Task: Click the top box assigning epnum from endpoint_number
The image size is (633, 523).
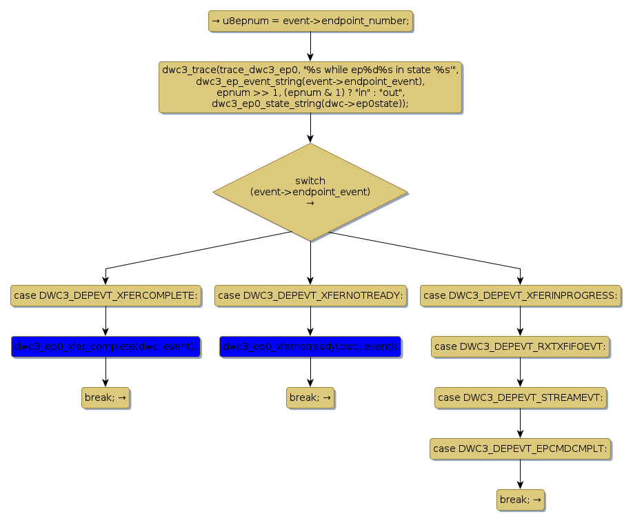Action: pyautogui.click(x=310, y=21)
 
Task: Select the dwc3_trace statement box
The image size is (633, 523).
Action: pyautogui.click(x=310, y=87)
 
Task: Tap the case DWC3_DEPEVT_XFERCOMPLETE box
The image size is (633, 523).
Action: pyautogui.click(x=105, y=295)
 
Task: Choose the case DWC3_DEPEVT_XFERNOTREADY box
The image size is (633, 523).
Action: pyautogui.click(x=310, y=295)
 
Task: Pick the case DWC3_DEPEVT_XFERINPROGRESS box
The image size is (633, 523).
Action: pyautogui.click(x=520, y=295)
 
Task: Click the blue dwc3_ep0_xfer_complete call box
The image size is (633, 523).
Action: pyautogui.click(x=105, y=346)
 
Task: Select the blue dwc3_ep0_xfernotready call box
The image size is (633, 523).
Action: pyautogui.click(x=310, y=346)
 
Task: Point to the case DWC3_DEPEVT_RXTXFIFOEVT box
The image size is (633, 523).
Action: pyautogui.click(x=520, y=346)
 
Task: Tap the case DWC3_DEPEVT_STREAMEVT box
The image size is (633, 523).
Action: pyautogui.click(x=520, y=397)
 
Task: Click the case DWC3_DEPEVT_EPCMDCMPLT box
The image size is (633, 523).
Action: pyautogui.click(x=520, y=448)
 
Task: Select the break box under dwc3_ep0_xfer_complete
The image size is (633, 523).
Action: pyautogui.click(x=105, y=397)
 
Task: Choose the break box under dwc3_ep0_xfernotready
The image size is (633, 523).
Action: pyautogui.click(x=310, y=397)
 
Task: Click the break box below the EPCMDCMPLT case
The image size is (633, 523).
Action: pyautogui.click(x=520, y=500)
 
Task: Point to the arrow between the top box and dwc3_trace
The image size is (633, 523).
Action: pyautogui.click(x=310, y=46)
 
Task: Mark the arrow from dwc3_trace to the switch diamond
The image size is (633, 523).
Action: pyautogui.click(x=310, y=128)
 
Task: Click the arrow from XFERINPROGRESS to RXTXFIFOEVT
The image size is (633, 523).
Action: pyautogui.click(x=520, y=321)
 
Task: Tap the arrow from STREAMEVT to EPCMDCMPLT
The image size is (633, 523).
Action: pyautogui.click(x=520, y=423)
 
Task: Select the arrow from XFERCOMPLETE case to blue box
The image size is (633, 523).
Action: pyautogui.click(x=105, y=321)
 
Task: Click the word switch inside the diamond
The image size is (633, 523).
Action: pyautogui.click(x=310, y=181)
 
